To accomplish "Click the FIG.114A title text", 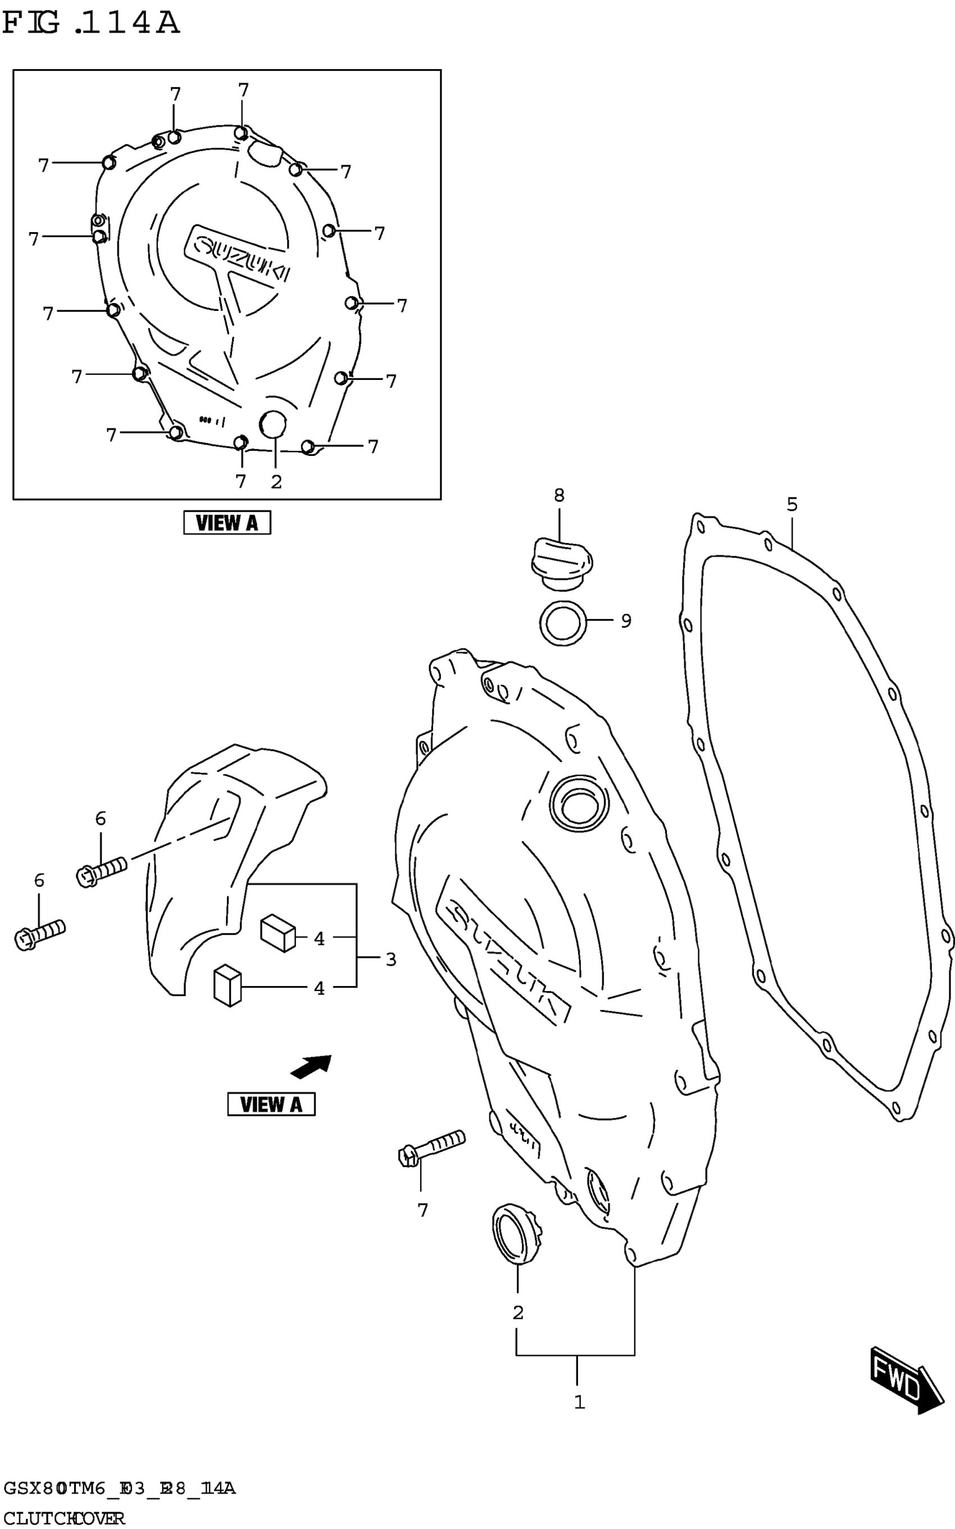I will pos(91,24).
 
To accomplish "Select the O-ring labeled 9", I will pos(563,623).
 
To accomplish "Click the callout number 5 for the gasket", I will pos(792,505).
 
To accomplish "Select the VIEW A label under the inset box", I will pos(227,523).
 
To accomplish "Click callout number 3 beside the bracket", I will pos(391,960).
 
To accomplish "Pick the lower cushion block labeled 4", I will pos(228,985).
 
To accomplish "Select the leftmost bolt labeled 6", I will pos(39,934).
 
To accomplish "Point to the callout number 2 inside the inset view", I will pos(276,482).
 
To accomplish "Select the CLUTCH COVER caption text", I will pos(64,1518).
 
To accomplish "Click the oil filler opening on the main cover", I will pos(579,804).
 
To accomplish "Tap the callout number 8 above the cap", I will pos(559,496).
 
